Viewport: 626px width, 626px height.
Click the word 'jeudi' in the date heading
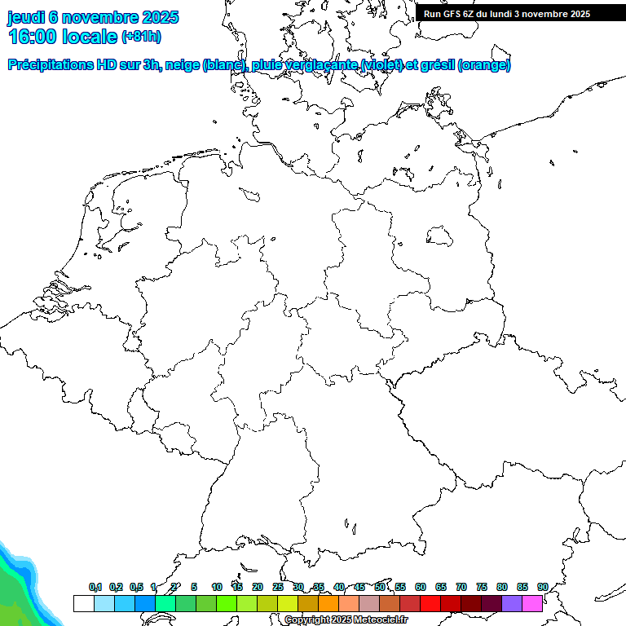click(26, 17)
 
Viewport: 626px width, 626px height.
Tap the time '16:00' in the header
click(31, 37)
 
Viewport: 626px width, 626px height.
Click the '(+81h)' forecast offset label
click(141, 37)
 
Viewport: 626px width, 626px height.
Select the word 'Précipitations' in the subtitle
click(49, 65)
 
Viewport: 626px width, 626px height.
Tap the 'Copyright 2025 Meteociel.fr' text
click(346, 620)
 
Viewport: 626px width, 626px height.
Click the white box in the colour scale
click(83, 603)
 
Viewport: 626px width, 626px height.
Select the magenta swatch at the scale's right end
click(532, 603)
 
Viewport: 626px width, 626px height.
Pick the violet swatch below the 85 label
click(512, 603)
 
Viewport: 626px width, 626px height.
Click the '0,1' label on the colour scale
click(95, 588)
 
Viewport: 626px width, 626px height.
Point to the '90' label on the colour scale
click(543, 588)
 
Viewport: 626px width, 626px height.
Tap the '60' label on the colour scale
click(421, 588)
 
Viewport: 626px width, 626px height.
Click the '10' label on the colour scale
click(217, 588)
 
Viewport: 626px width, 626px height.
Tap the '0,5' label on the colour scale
click(136, 588)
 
